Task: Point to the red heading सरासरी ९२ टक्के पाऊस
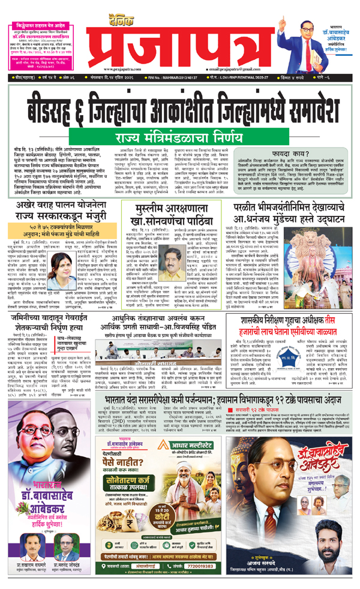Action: tap(290, 459)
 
